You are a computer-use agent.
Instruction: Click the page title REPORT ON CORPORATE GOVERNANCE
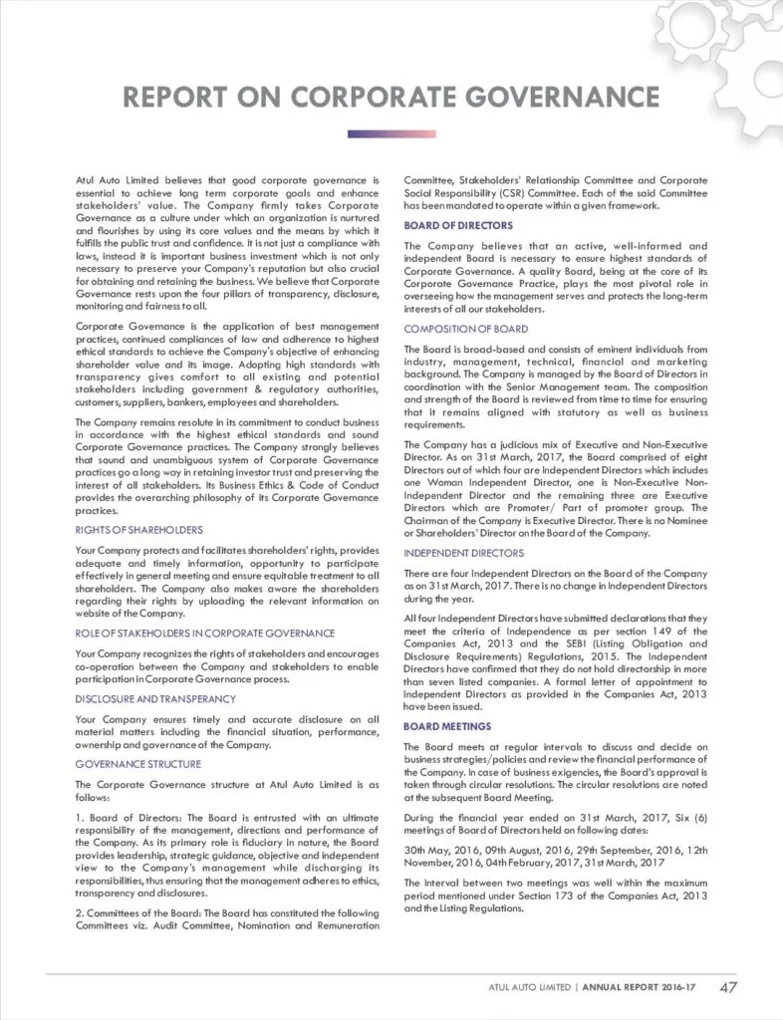pos(391,97)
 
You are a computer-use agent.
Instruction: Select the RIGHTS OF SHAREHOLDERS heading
pos(138,530)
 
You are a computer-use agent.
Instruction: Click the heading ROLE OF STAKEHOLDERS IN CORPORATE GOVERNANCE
pos(205,634)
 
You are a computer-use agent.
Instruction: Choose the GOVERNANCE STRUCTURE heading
pos(137,764)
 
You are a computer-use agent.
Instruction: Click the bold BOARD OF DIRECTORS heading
pos(458,226)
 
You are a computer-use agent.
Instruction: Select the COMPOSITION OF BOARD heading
pos(466,329)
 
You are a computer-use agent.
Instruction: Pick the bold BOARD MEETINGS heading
pos(446,727)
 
